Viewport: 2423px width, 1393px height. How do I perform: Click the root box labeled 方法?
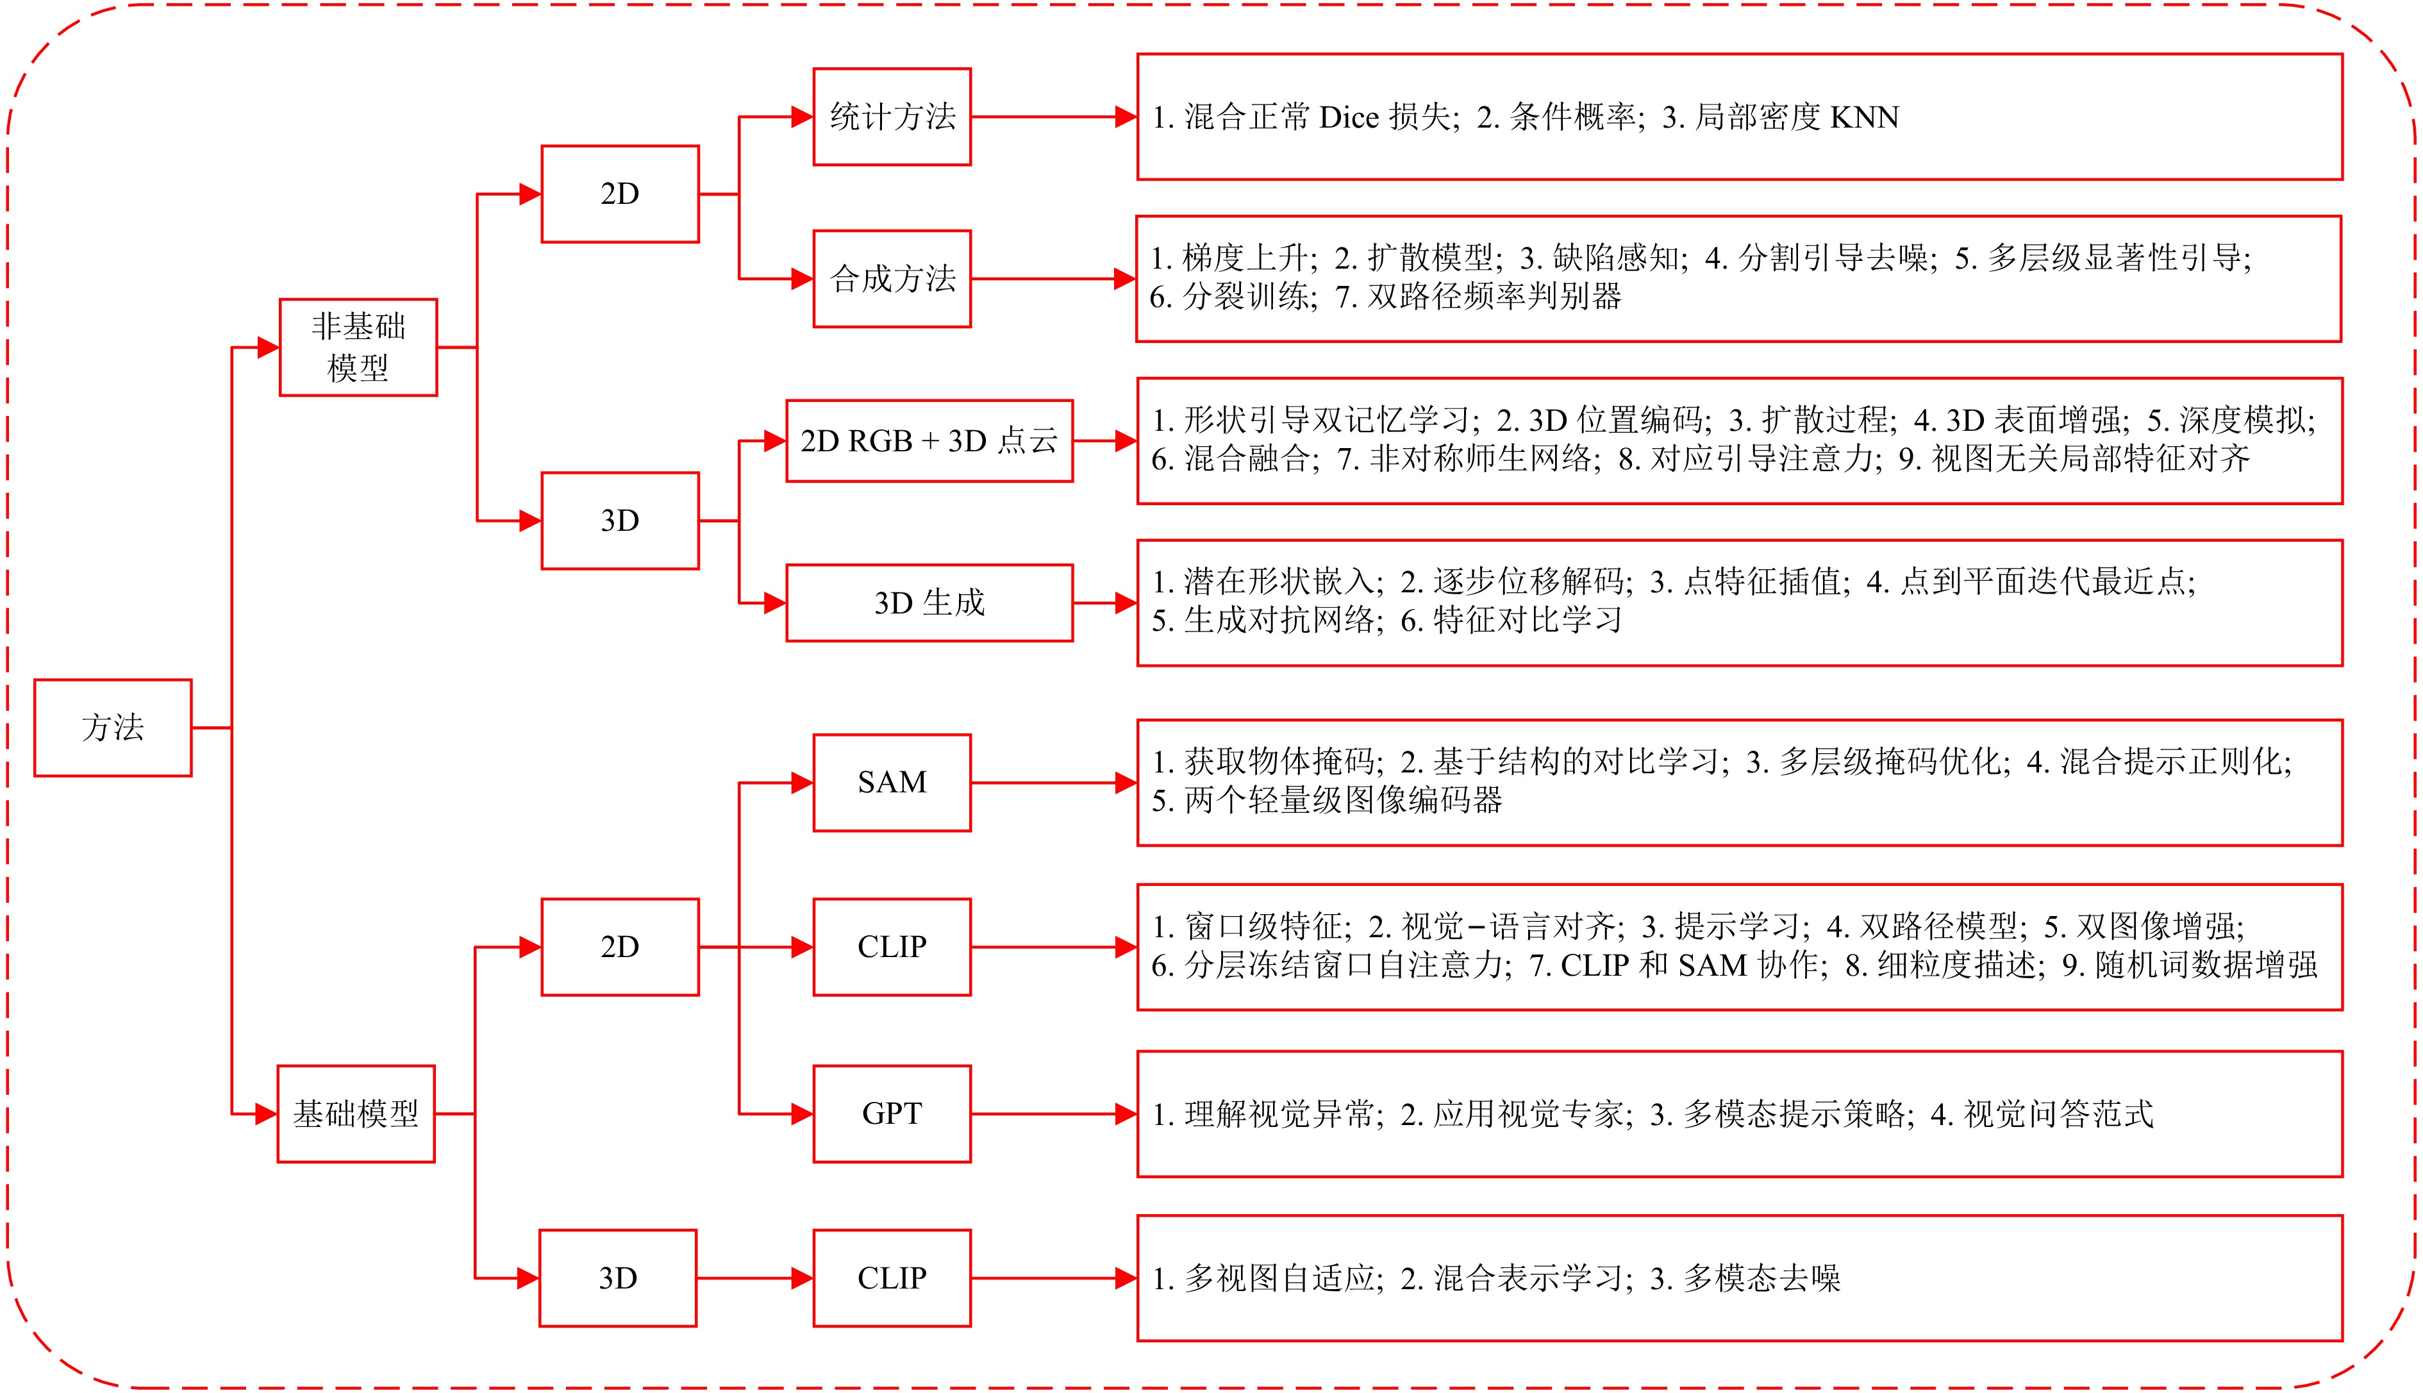point(113,727)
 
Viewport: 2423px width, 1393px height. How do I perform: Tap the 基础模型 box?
point(356,1114)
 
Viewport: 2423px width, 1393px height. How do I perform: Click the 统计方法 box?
point(892,117)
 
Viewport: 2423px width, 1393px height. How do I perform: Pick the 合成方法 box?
point(892,278)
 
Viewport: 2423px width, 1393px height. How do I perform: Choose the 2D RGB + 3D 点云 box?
point(929,441)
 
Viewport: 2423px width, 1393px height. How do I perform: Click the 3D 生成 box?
point(929,603)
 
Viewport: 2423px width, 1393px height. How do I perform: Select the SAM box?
point(892,783)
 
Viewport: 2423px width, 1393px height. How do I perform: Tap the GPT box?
point(892,1114)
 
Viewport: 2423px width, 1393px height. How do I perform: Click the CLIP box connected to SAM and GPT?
point(892,947)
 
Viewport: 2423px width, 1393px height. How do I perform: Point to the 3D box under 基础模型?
point(618,1278)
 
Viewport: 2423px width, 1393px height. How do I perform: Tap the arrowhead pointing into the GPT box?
point(803,1114)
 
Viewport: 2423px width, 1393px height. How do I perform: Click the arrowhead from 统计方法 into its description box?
point(1126,117)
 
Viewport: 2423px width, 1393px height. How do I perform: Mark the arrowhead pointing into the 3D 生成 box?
point(776,603)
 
